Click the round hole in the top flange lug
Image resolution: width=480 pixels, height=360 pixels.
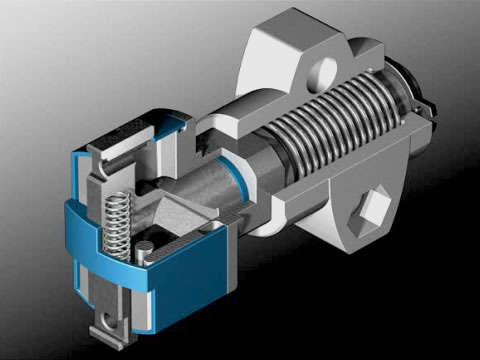point(323,71)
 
